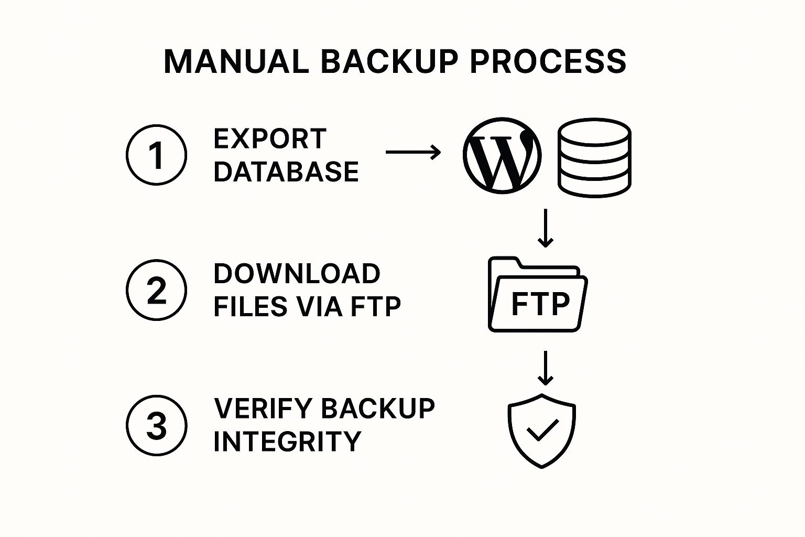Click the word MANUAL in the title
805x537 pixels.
236,61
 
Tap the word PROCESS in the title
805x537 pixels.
548,61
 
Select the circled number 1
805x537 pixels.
156,155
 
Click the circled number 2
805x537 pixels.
156,290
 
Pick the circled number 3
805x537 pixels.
156,425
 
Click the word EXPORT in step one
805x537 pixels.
270,139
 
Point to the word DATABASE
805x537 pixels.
286,171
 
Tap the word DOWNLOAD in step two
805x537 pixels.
297,274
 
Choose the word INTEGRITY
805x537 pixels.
288,442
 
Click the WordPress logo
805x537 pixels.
502,155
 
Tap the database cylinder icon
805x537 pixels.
594,157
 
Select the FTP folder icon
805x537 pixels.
538,294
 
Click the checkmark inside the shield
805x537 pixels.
542,430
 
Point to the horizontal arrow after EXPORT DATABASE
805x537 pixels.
414,152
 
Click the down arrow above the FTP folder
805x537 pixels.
546,228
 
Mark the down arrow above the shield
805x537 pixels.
546,368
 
